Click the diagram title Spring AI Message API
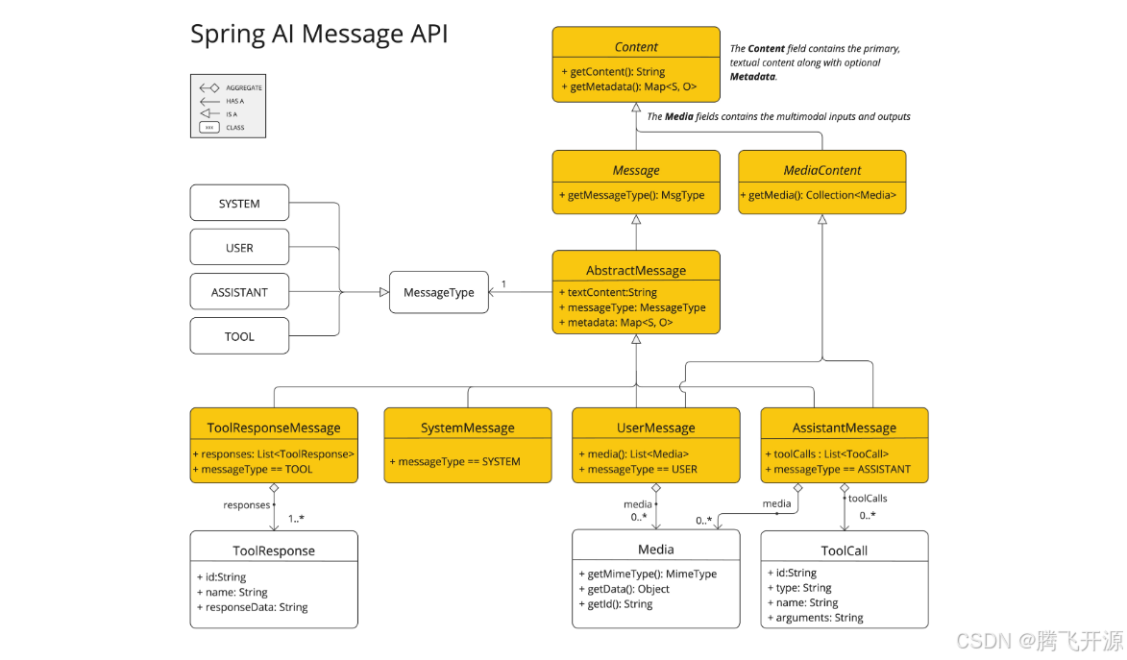pyautogui.click(x=318, y=34)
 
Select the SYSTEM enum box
pyautogui.click(x=239, y=204)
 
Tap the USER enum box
pyautogui.click(x=239, y=248)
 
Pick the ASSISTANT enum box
pyautogui.click(x=239, y=292)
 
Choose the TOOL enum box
pyautogui.click(x=239, y=336)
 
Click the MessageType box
pyautogui.click(x=438, y=292)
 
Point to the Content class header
pyautogui.click(x=635, y=46)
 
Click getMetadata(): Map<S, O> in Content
pyautogui.click(x=628, y=87)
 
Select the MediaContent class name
pyautogui.click(x=821, y=170)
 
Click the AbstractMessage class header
pyautogui.click(x=635, y=270)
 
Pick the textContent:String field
pyautogui.click(x=607, y=292)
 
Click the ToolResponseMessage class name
pyautogui.click(x=274, y=428)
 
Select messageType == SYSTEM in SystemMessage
pyautogui.click(x=454, y=462)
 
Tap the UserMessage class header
pyautogui.click(x=655, y=428)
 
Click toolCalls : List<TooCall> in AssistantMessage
pyautogui.click(x=827, y=454)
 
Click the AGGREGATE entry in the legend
pyautogui.click(x=243, y=87)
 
